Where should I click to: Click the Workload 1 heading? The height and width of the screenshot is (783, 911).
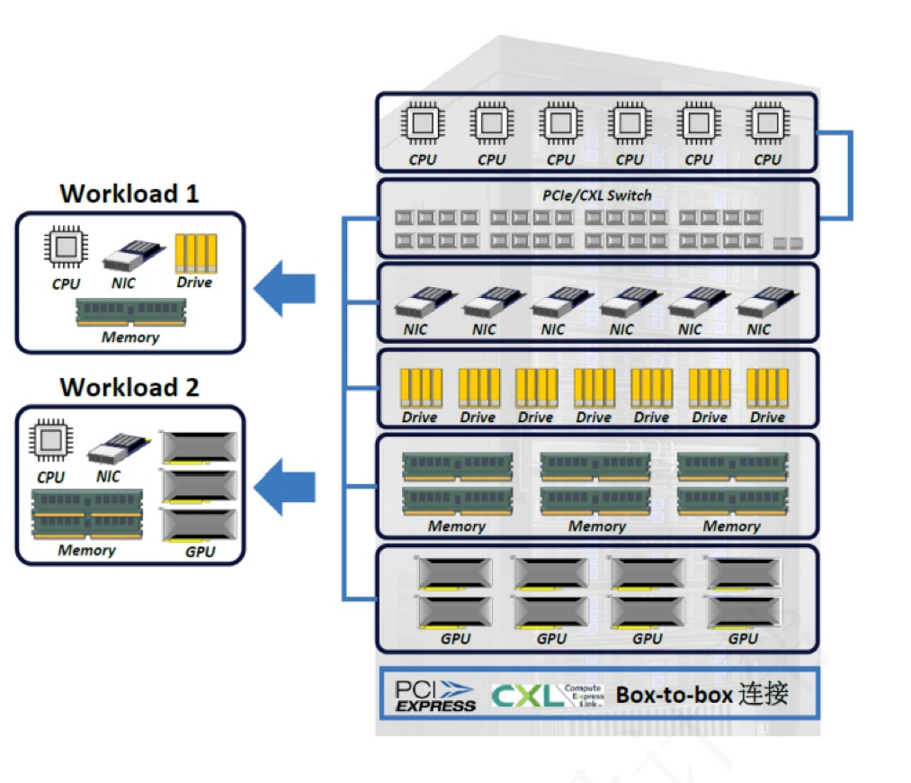coord(129,193)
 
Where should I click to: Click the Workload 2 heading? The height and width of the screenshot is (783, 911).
coord(129,387)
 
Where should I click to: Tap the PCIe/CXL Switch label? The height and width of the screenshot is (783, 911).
coord(596,195)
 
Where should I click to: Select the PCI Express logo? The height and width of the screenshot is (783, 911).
coord(435,696)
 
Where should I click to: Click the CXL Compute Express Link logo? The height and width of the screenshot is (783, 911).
coord(547,695)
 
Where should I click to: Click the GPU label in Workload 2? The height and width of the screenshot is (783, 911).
coord(200,551)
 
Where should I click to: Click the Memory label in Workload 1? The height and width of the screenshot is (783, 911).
coord(130,337)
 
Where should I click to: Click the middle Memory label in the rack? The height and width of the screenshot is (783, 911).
coord(596,526)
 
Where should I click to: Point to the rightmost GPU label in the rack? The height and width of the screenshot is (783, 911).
coord(743,639)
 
